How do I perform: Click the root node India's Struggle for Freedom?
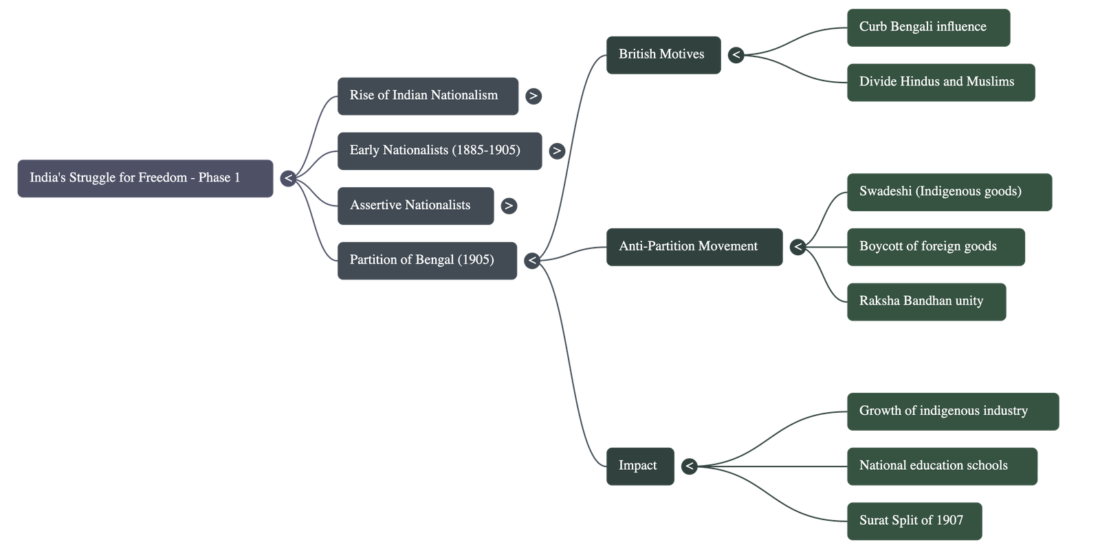[x=145, y=178]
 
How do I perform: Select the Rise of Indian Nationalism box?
[x=428, y=96]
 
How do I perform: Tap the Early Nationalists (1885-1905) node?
[x=439, y=151]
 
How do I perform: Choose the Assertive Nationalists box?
[x=415, y=206]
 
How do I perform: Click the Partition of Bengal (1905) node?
[x=427, y=260]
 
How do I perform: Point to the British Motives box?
[x=663, y=54]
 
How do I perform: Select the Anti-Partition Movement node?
[x=693, y=246]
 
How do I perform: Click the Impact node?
[x=639, y=466]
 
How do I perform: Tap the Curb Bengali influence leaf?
[x=927, y=28]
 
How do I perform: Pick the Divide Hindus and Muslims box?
[x=940, y=82]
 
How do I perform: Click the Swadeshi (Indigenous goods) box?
[x=949, y=192]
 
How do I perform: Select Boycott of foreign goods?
[x=935, y=246]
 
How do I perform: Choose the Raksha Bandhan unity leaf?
[x=926, y=301]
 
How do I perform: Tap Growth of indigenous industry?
[x=952, y=411]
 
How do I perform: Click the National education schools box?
[x=941, y=466]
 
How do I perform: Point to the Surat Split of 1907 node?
[x=914, y=521]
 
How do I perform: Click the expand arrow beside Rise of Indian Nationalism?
[x=533, y=96]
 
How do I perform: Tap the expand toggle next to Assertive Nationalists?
[x=509, y=206]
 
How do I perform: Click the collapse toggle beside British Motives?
[x=736, y=54]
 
